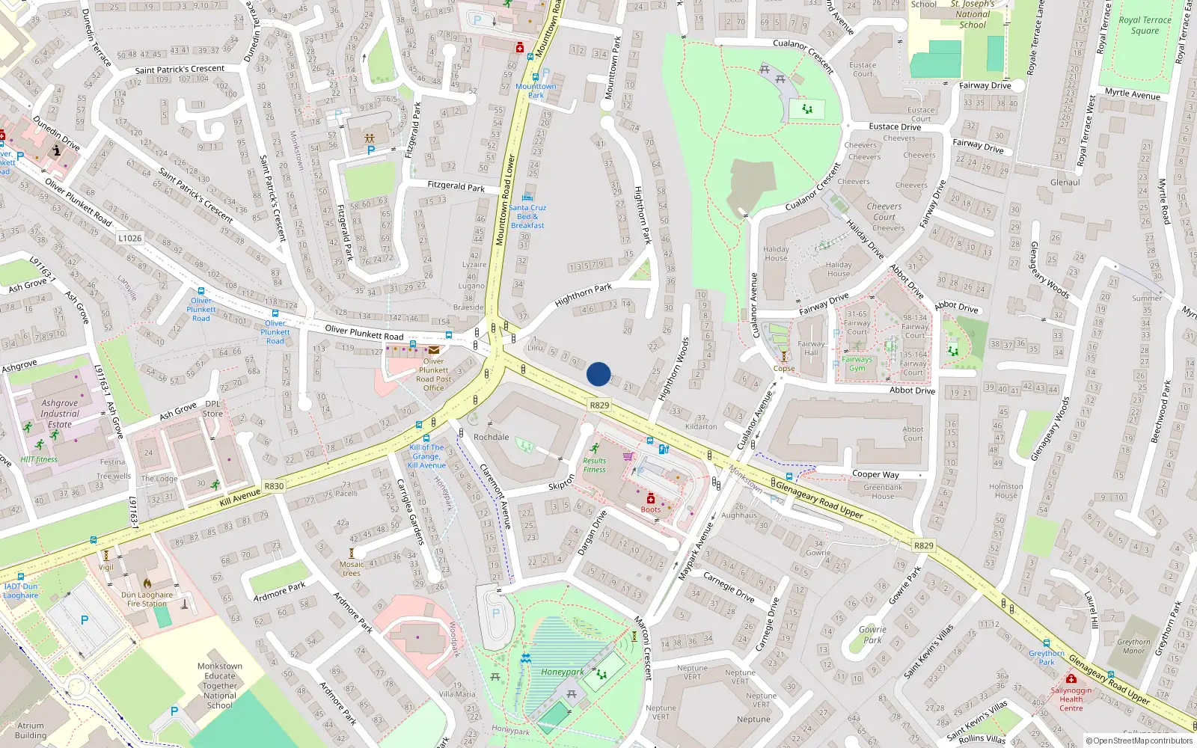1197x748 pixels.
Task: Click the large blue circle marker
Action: pyautogui.click(x=598, y=374)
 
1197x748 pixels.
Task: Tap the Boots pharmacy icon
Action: pyautogui.click(x=651, y=498)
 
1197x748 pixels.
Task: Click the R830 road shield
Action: pyautogui.click(x=274, y=486)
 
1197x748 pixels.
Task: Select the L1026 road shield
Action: pyautogui.click(x=129, y=238)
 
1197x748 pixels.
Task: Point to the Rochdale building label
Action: pyautogui.click(x=491, y=437)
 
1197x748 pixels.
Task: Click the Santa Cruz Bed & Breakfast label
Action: pyautogui.click(x=527, y=216)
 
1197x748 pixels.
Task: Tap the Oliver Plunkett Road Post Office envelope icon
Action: pyautogui.click(x=434, y=349)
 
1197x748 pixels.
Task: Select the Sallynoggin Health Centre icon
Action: pyautogui.click(x=1071, y=678)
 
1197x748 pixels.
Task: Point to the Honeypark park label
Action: pyautogui.click(x=563, y=672)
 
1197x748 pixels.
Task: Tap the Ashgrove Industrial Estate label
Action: pyautogui.click(x=60, y=414)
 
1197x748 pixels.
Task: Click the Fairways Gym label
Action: pyautogui.click(x=857, y=364)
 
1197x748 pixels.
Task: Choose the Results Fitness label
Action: pyautogui.click(x=595, y=465)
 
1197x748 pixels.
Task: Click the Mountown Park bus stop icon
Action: pyautogui.click(x=535, y=77)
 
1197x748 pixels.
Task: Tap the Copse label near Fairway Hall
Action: pyautogui.click(x=784, y=368)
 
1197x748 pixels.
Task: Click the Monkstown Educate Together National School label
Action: pyautogui.click(x=220, y=685)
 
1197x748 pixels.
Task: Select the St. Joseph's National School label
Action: pyautogui.click(x=973, y=14)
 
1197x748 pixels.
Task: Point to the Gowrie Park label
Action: pyautogui.click(x=872, y=634)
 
